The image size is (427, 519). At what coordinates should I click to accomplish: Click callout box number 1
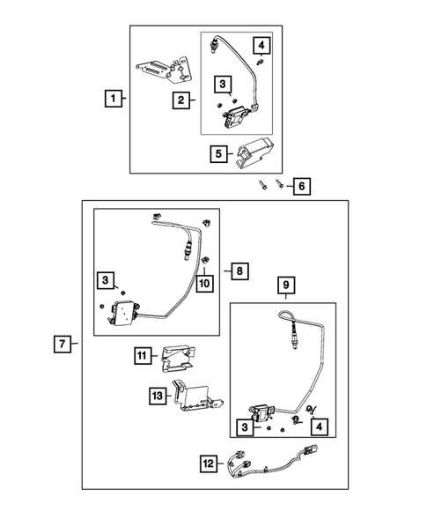tap(113, 99)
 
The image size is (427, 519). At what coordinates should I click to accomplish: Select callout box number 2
tap(180, 100)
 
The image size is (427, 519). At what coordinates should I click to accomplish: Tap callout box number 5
tap(218, 154)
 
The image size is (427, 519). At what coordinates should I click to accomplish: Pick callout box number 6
tap(302, 186)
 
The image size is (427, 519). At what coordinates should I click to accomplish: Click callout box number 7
tap(63, 344)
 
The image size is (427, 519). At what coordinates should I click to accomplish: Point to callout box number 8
tap(239, 271)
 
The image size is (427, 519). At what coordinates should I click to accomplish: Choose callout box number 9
tap(286, 285)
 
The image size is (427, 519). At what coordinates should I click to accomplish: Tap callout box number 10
tap(204, 284)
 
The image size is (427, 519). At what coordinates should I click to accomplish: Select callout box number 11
tap(143, 355)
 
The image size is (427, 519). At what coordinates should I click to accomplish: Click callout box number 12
tap(209, 463)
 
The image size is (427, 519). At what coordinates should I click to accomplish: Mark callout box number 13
tap(158, 396)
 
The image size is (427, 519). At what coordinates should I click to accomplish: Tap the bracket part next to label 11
tap(178, 359)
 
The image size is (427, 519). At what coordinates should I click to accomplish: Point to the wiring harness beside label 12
tap(272, 462)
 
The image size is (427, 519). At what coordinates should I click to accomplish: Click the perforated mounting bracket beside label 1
tap(164, 70)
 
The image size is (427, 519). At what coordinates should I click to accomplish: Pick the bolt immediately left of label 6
tap(279, 183)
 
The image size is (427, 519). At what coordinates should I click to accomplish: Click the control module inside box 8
tap(123, 313)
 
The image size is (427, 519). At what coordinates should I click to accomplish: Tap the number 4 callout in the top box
tap(261, 45)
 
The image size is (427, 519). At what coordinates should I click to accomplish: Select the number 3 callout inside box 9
tap(245, 427)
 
